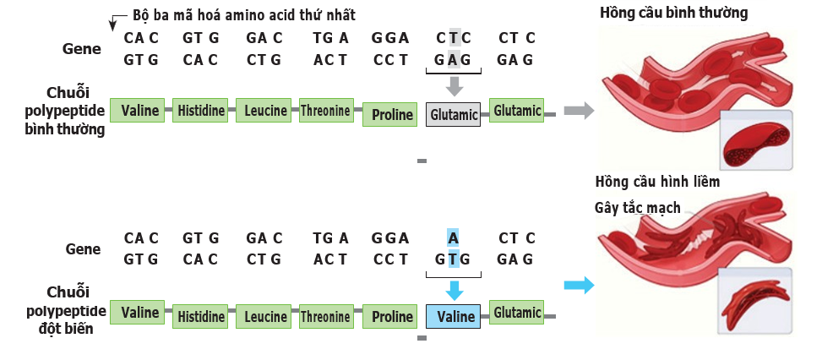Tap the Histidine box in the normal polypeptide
pyautogui.click(x=201, y=110)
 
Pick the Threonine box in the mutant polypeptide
pyautogui.click(x=325, y=317)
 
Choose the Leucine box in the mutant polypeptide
pyautogui.click(x=265, y=317)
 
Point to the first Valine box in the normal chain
pyautogui.click(x=139, y=110)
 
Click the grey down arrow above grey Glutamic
pyautogui.click(x=454, y=85)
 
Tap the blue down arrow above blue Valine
pyautogui.click(x=454, y=290)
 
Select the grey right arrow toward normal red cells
pyautogui.click(x=578, y=110)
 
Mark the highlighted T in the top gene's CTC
pyautogui.click(x=454, y=38)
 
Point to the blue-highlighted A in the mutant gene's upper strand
pyautogui.click(x=454, y=238)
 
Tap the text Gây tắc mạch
pyautogui.click(x=638, y=208)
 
